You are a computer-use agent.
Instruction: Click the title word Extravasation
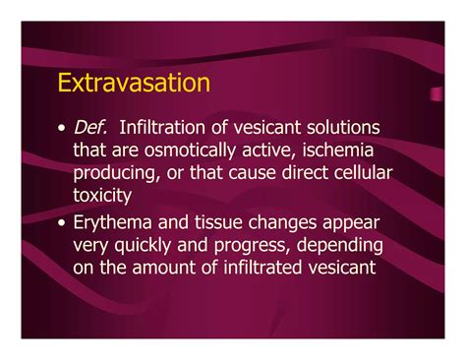pos(134,82)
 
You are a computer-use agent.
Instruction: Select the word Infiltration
pos(168,130)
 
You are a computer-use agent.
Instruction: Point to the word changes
pos(286,222)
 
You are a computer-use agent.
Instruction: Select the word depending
pos(350,245)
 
